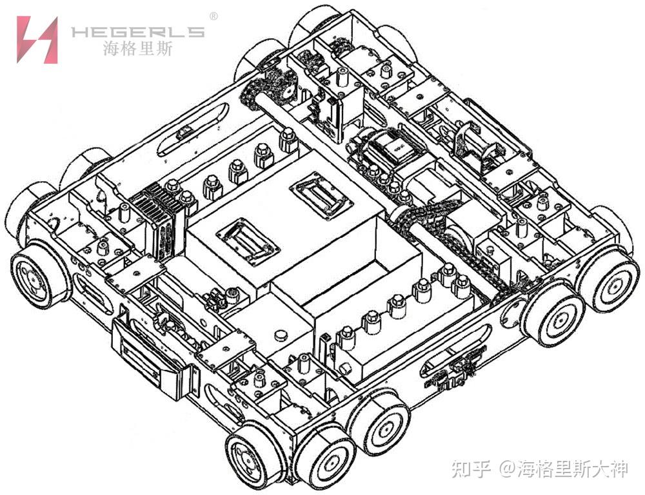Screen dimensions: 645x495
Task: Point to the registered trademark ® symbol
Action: coord(213,15)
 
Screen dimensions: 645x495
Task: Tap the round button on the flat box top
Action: coord(280,335)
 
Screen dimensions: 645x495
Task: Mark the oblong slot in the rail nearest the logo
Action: coord(191,130)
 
